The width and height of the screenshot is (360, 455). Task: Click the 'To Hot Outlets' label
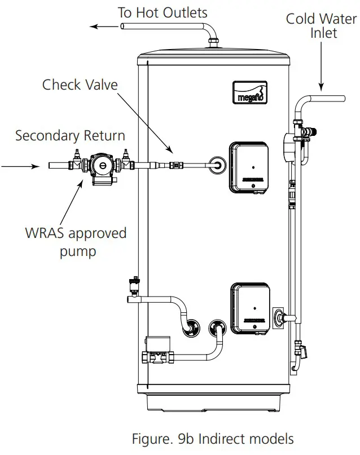pyautogui.click(x=162, y=12)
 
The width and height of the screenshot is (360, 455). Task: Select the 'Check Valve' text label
pyautogui.click(x=80, y=85)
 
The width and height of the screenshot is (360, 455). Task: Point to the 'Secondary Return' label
pyautogui.click(x=70, y=136)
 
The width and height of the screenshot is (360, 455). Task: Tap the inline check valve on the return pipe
pyautogui.click(x=177, y=166)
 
